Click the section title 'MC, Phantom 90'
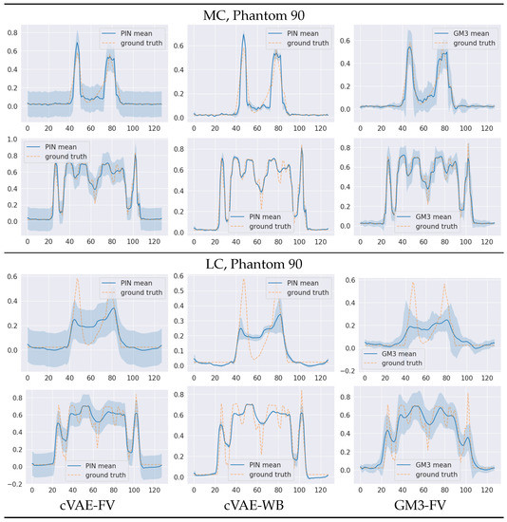point(253,14)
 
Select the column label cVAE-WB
point(254,503)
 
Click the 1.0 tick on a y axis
point(12,140)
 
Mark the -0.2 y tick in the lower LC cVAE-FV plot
point(10,484)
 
